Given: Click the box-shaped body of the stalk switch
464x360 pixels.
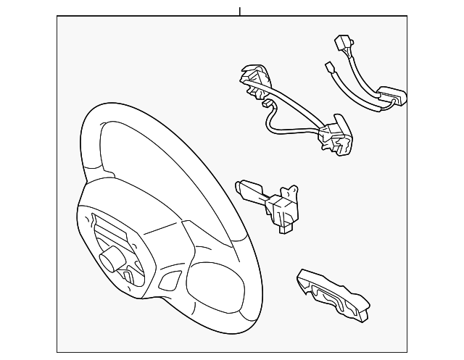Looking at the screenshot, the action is [279, 211].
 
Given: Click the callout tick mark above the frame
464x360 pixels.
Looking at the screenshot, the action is [239, 11].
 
